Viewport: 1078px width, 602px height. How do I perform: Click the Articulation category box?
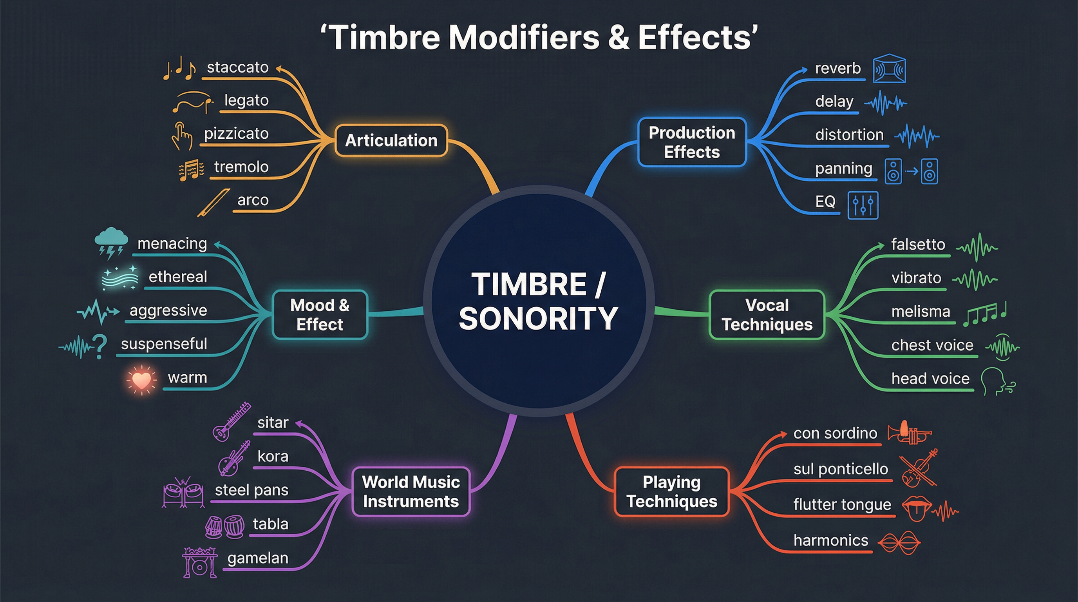coord(391,141)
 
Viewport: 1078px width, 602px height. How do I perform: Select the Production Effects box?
coord(692,142)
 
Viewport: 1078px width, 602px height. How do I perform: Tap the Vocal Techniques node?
coord(767,315)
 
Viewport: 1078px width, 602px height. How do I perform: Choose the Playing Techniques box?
coord(672,491)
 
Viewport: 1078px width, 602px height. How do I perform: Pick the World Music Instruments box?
coord(411,491)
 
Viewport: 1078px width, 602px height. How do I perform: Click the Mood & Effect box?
coord(320,315)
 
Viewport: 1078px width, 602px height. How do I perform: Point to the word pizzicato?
coord(236,134)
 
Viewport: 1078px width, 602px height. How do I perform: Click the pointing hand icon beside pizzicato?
coord(182,136)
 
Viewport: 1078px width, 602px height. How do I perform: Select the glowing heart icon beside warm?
coord(141,380)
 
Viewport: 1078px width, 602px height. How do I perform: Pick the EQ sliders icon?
coord(863,205)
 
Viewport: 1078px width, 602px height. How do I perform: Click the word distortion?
coord(849,135)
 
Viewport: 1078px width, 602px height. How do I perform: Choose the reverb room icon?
coord(889,69)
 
